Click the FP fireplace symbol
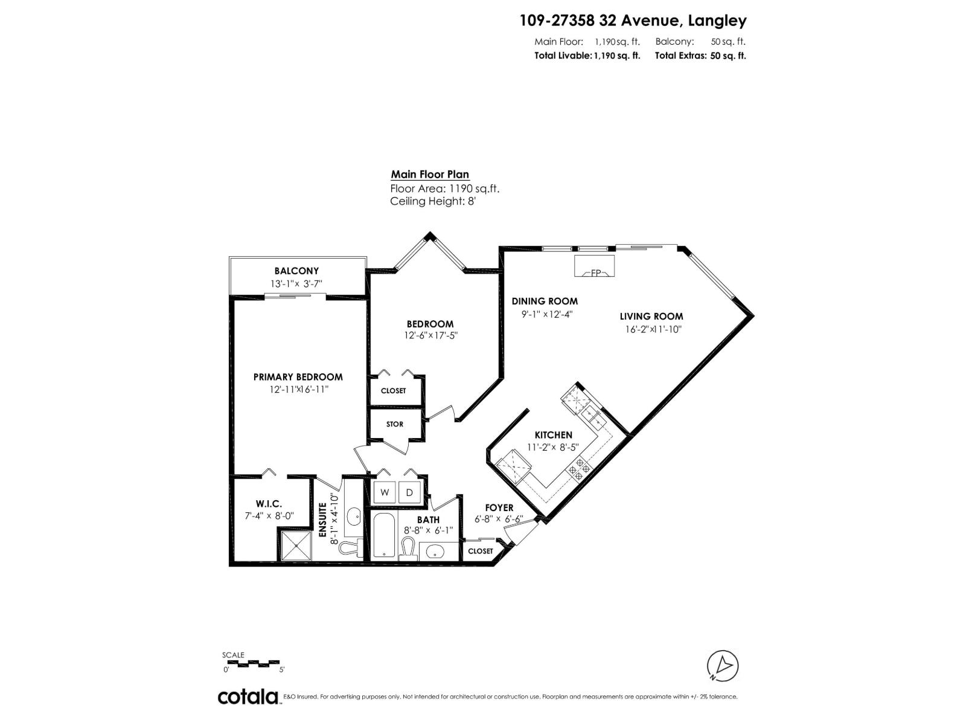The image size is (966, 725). [x=595, y=266]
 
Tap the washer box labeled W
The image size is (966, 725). [x=385, y=493]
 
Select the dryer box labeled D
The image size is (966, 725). [x=409, y=493]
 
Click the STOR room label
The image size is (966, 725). [x=394, y=424]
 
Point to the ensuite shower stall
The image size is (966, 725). [x=295, y=544]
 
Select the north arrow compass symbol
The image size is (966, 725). [x=723, y=666]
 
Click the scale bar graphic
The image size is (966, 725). [x=252, y=663]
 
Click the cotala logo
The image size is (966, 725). [x=248, y=697]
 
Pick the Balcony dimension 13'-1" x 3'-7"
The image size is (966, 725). [x=296, y=283]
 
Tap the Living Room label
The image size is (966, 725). [x=651, y=316]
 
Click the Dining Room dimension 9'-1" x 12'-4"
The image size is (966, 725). [x=546, y=314]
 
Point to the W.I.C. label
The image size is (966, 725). [x=269, y=504]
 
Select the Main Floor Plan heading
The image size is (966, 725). [x=430, y=175]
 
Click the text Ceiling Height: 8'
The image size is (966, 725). [x=433, y=202]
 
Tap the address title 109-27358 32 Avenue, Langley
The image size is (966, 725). [x=633, y=21]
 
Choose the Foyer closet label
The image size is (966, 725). [x=481, y=551]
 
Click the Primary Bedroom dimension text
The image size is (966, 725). [x=298, y=390]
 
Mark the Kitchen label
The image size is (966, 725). [x=553, y=435]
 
